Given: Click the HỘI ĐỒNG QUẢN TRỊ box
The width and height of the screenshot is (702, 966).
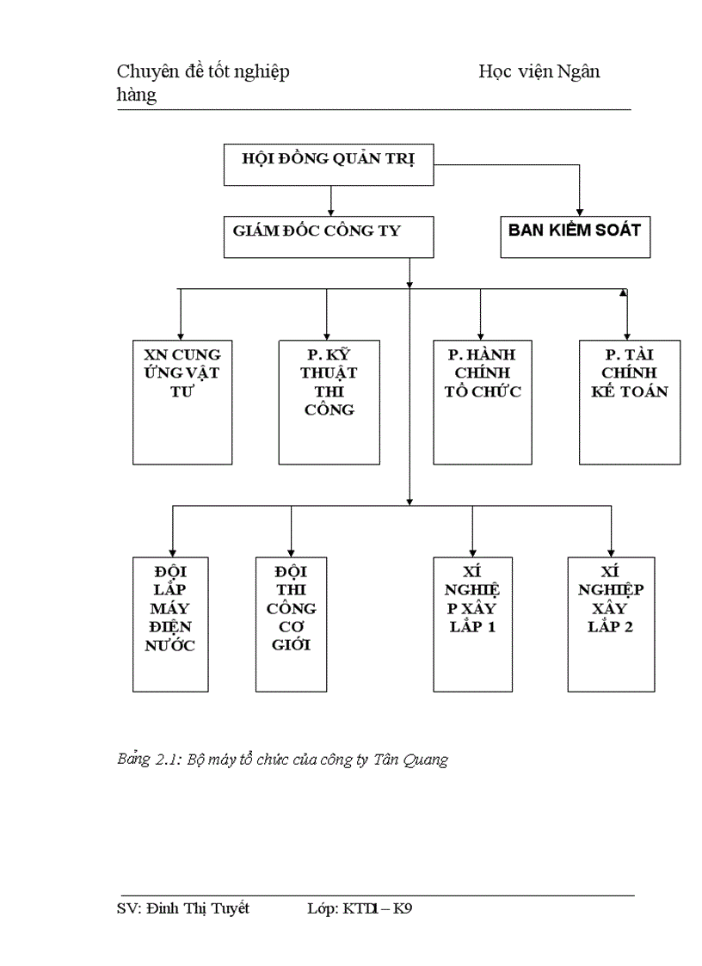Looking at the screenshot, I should pyautogui.click(x=327, y=164).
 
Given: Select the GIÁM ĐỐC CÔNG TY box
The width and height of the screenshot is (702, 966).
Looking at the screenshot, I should pyautogui.click(x=327, y=237).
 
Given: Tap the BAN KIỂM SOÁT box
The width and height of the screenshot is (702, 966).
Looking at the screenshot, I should pyautogui.click(x=574, y=237).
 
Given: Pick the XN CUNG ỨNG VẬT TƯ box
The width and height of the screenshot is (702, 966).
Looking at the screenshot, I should pyautogui.click(x=182, y=402).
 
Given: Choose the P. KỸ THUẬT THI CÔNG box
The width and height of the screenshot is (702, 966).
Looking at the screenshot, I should pyautogui.click(x=329, y=402).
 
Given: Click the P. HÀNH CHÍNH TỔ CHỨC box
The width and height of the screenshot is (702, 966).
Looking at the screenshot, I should pyautogui.click(x=483, y=402).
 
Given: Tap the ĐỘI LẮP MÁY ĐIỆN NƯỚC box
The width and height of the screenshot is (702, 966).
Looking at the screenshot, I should pyautogui.click(x=170, y=624).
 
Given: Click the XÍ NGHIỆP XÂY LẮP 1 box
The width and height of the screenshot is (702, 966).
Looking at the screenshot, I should pyautogui.click(x=472, y=624).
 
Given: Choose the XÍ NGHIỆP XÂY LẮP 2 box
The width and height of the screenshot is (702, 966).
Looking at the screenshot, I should pyautogui.click(x=611, y=624).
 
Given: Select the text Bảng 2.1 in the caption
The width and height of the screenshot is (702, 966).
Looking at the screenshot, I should pyautogui.click(x=146, y=760).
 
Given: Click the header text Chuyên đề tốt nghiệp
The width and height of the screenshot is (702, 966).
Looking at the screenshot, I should pyautogui.click(x=203, y=71).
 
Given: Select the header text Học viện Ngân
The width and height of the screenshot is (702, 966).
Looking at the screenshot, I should pyautogui.click(x=539, y=71).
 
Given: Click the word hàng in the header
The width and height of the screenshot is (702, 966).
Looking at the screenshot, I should pyautogui.click(x=137, y=95).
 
